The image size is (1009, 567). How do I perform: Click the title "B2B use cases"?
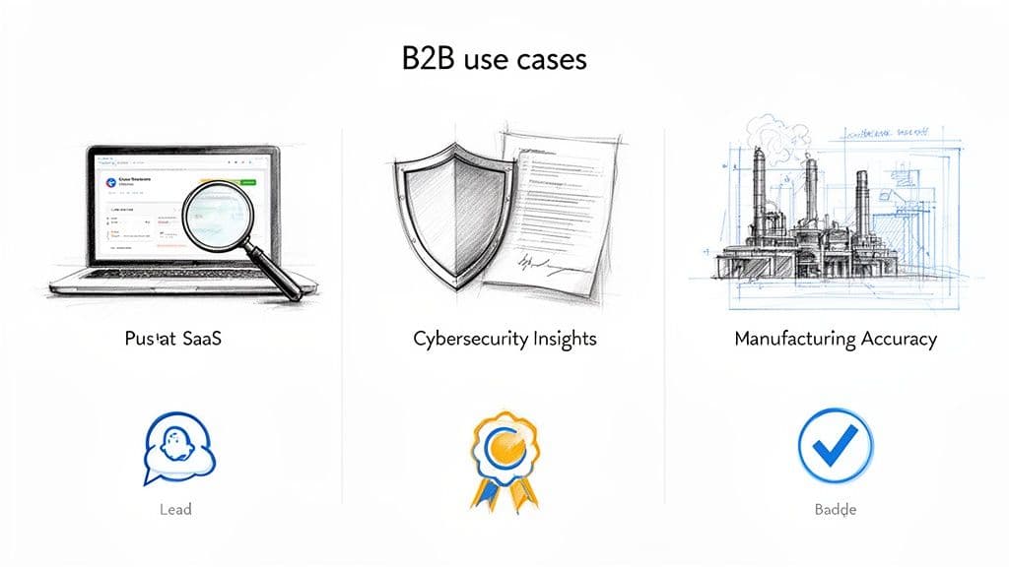[x=494, y=58]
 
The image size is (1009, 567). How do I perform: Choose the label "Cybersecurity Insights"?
[x=504, y=340]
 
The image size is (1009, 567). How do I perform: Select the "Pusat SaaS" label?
[x=174, y=340]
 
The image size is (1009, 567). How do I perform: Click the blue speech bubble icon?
[x=174, y=448]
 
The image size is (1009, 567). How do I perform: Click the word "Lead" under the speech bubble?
[x=174, y=510]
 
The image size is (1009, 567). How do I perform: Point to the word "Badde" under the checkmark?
[x=835, y=510]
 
